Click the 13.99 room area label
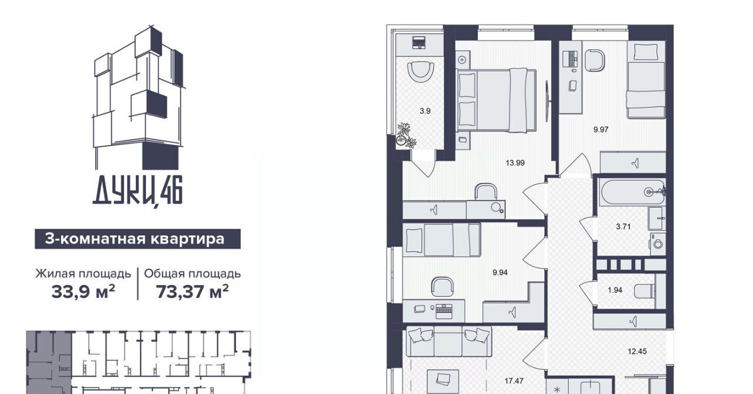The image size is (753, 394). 515,163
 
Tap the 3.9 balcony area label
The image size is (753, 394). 425,111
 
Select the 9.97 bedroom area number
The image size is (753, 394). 601,129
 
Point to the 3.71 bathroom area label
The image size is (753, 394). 623,226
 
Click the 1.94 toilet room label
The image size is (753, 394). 615,290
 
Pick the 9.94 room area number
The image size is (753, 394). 500,273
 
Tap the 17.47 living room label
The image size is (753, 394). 514,381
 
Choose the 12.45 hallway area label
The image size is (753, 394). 637,352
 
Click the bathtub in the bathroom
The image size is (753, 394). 632,192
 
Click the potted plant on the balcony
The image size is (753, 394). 406,135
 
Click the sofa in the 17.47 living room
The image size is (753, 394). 449,341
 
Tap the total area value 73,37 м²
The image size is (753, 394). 192,292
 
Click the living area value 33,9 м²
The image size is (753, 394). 83,292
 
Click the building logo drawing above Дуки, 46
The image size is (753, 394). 139,97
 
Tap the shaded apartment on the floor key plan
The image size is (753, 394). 49,362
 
